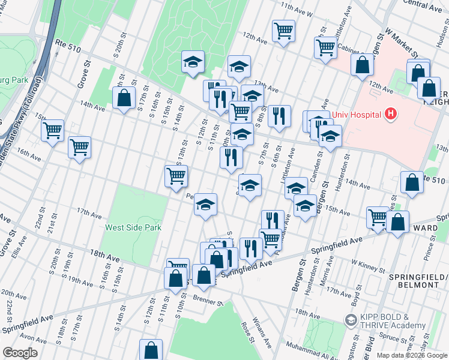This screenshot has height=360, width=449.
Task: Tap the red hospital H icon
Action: click(391, 113)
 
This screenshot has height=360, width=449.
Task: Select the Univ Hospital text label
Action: click(357, 113)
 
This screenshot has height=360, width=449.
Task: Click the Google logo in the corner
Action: click(20, 353)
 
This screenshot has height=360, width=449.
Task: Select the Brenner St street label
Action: click(208, 298)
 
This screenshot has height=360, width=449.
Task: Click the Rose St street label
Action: click(245, 328)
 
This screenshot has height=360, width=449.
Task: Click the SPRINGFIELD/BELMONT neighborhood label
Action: click(423, 280)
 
